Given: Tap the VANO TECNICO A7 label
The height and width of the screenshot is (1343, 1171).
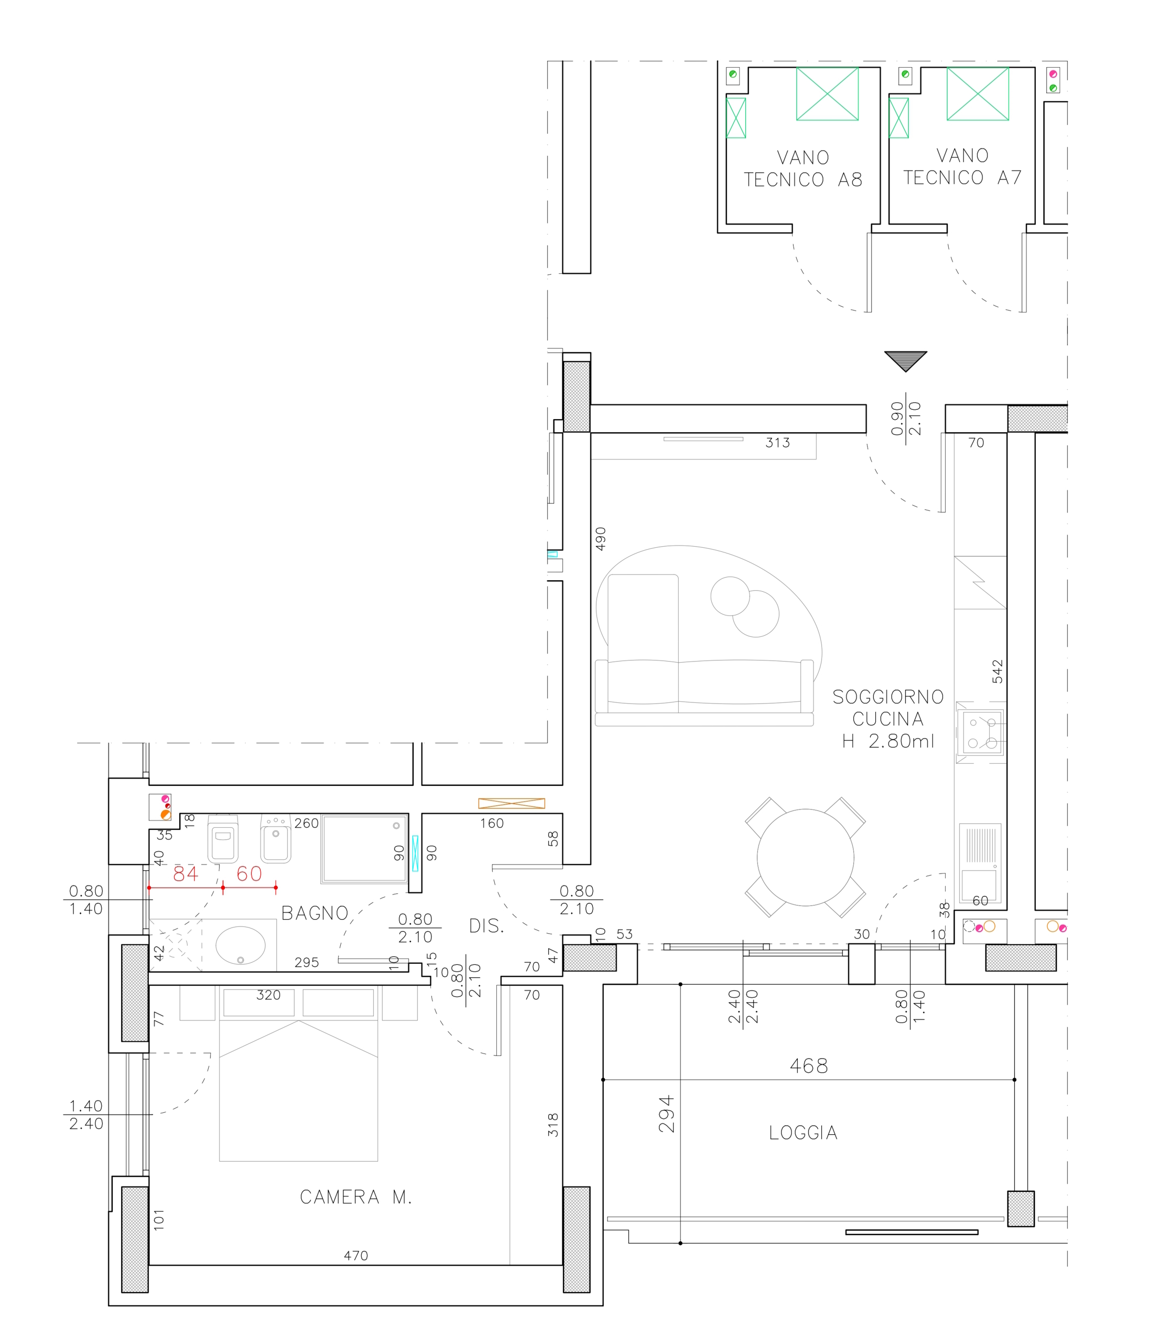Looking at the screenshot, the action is [962, 166].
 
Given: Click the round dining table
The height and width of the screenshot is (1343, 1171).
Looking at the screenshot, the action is [805, 857].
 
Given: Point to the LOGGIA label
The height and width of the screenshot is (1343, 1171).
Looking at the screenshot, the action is [803, 1133].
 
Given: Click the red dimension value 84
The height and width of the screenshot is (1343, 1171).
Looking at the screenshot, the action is [186, 873].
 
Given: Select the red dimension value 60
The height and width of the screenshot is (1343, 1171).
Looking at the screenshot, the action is [249, 873].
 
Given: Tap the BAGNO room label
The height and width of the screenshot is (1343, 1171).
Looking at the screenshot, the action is [315, 913].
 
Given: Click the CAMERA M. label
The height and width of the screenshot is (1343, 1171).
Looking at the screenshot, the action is [355, 1197].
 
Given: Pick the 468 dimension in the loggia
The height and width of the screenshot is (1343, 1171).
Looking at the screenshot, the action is [809, 1066].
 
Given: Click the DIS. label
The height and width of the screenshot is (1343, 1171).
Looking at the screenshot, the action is [486, 926].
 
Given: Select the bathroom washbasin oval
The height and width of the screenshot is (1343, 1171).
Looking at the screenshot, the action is [241, 945].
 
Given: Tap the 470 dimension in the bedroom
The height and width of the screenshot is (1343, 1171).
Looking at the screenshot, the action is [355, 1255].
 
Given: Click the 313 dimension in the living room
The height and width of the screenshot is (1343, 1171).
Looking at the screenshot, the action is [778, 443].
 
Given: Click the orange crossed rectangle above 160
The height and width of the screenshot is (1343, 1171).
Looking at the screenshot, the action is [511, 804].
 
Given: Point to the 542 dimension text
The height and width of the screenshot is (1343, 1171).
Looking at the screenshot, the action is [997, 671].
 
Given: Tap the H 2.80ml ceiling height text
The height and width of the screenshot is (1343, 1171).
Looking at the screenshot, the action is [888, 741].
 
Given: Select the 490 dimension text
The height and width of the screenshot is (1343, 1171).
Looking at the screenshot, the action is [601, 539].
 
